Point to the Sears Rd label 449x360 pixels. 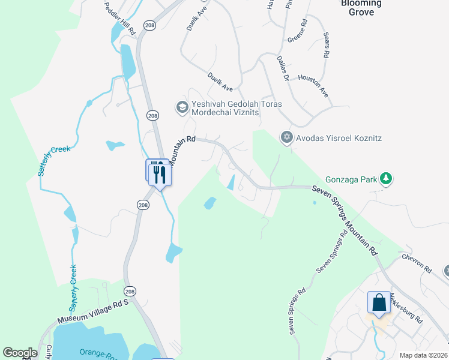pyautogui.click(x=326, y=45)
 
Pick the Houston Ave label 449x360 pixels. pyautogui.click(x=313, y=86)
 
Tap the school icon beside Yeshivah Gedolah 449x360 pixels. pyautogui.click(x=181, y=107)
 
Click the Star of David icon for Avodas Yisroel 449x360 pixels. pyautogui.click(x=286, y=138)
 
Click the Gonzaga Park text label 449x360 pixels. pyautogui.click(x=352, y=179)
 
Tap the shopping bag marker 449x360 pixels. pyautogui.click(x=379, y=303)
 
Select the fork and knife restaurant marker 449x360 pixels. pyautogui.click(x=160, y=174)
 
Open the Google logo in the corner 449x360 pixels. pyautogui.click(x=20, y=353)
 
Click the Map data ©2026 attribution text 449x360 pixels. pyautogui.click(x=423, y=355)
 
